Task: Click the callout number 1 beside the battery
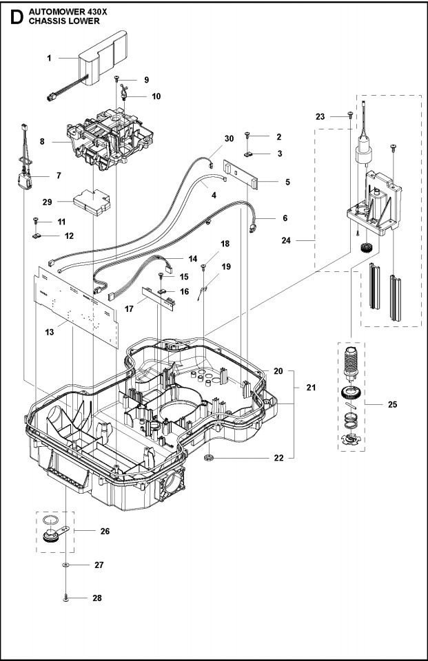point(49,59)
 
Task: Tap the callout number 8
point(43,141)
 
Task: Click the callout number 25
point(392,404)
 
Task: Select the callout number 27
point(99,565)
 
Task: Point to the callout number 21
point(311,388)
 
